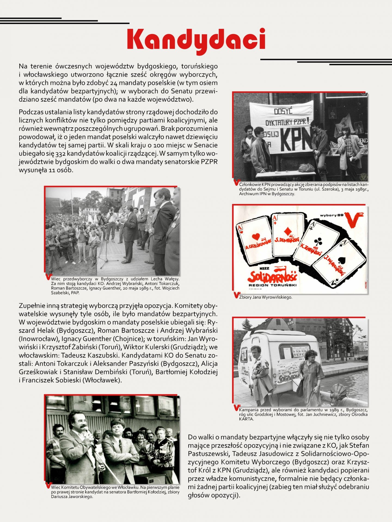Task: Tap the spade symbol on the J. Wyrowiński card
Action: pos(340,260)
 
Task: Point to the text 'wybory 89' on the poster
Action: pos(332,215)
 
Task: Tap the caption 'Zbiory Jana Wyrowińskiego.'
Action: pos(265,297)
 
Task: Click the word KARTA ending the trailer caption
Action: pos(246,419)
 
